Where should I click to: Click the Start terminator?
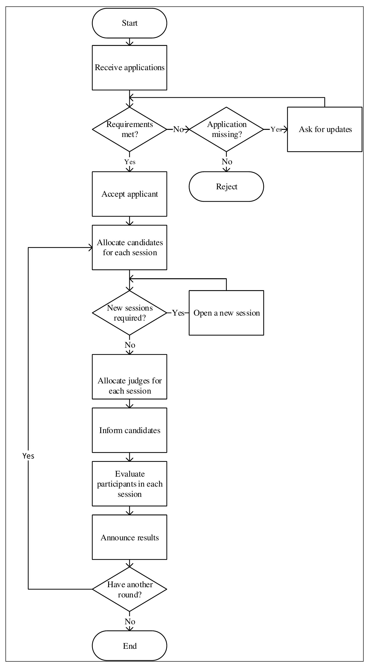(130, 23)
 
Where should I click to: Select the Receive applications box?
(130, 68)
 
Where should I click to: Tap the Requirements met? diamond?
(130, 129)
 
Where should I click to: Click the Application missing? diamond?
(226, 129)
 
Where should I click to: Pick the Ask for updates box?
(325, 129)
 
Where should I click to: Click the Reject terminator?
(226, 186)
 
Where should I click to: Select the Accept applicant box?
(130, 194)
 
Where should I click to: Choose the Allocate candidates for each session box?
(130, 248)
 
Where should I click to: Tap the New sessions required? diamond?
(130, 313)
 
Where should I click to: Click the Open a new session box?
(226, 313)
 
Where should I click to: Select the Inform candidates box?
(130, 430)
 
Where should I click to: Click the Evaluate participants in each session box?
(130, 483)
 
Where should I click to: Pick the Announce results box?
(130, 537)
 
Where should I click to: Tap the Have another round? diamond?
(130, 589)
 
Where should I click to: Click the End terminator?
(130, 646)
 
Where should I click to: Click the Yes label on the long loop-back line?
(28, 456)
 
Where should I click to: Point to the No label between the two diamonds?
(178, 129)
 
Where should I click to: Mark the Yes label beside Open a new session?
(178, 313)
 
